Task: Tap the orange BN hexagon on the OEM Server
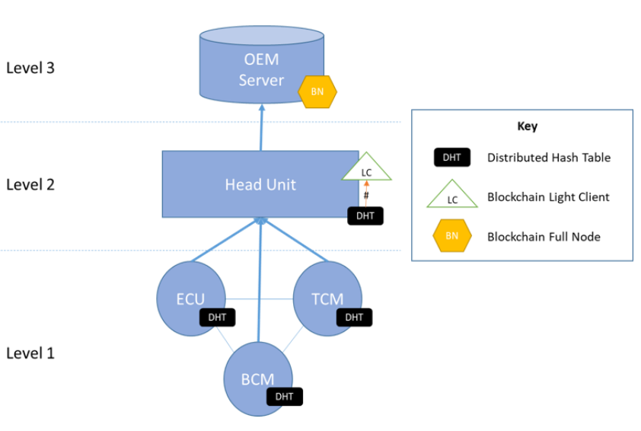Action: pos(315,92)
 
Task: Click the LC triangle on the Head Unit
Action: pos(366,168)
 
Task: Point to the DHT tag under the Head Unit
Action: pos(365,215)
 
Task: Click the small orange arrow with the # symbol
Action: pos(366,194)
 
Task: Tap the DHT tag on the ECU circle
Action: pos(217,317)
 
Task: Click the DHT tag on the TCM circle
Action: pos(354,317)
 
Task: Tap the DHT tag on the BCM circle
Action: pos(285,396)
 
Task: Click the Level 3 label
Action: pos(30,68)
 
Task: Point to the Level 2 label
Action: pos(30,184)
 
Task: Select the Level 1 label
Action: pos(30,353)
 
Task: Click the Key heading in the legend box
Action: pos(527,126)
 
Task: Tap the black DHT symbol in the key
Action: pos(452,158)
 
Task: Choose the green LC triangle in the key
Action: pos(452,196)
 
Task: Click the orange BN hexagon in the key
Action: pos(452,235)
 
